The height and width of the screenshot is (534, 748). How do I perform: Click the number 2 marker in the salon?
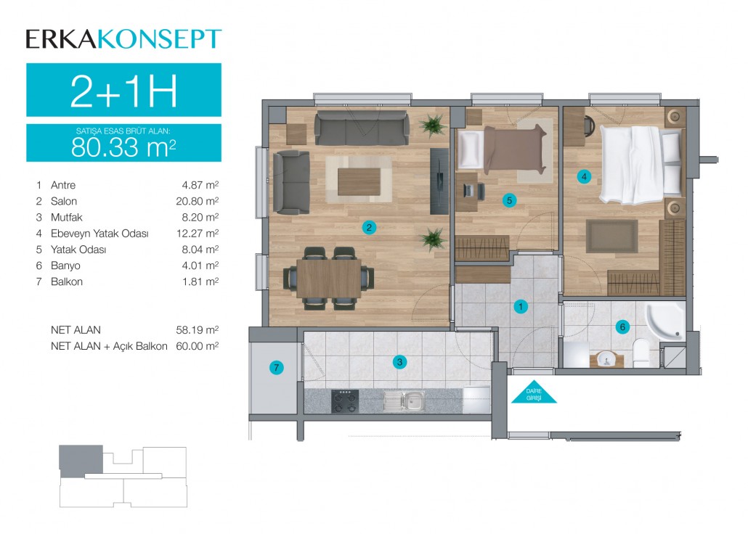369,227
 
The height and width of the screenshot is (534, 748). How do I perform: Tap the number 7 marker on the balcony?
276,368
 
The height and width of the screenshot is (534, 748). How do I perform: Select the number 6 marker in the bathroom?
622,326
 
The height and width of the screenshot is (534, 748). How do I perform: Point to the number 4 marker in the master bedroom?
584,176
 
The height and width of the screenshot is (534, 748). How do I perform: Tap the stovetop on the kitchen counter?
345,401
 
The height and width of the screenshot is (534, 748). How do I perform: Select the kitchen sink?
405,400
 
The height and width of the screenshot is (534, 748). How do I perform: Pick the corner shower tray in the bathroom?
664,321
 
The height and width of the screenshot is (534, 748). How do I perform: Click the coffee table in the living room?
359,181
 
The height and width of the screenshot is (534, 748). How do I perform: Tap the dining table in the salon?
329,279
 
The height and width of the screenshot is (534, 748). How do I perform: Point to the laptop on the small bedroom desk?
468,191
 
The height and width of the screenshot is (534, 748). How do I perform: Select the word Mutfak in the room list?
66,218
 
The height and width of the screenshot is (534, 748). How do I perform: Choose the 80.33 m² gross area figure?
123,147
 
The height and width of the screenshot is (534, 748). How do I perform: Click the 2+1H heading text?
124,91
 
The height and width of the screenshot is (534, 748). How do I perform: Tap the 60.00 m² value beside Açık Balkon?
198,345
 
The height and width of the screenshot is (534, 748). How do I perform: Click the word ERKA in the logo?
62,39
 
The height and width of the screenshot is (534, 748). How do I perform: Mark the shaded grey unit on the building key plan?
81,459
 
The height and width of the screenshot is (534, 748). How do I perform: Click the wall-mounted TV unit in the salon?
439,181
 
